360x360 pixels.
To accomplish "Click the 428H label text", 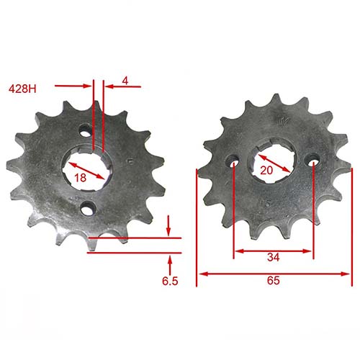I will pos(22,89).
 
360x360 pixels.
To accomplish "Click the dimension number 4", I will pos(125,81).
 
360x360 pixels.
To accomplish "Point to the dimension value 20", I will pos(266,170).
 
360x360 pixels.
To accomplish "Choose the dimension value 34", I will pos(274,257).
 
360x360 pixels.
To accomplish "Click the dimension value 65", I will pos(274,282).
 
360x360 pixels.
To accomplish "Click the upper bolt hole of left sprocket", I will pos(86,132).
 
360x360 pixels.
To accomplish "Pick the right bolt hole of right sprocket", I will pos(313,163).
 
